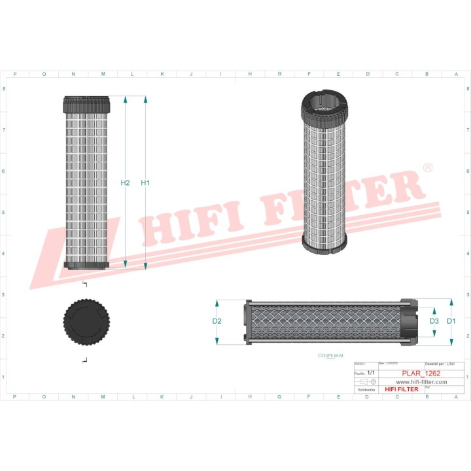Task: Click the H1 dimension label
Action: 145,183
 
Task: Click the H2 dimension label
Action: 126,183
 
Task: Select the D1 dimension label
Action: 451,321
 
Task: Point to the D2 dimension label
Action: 217,321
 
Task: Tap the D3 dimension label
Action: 434,321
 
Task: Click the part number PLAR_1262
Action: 421,373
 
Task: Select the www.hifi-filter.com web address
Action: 421,381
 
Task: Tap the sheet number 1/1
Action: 371,372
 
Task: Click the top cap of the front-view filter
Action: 94,104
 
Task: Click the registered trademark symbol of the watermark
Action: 428,167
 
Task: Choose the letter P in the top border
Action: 15,74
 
